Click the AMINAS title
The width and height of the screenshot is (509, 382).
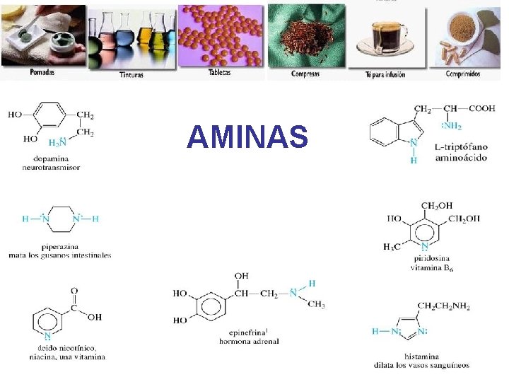point(247,137)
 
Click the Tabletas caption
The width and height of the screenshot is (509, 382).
point(220,72)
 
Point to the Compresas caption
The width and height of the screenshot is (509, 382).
point(305,74)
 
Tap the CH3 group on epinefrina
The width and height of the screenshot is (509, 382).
point(317,305)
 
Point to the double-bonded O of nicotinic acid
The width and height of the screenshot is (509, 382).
point(74,290)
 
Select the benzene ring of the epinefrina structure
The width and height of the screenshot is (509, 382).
point(210,306)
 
